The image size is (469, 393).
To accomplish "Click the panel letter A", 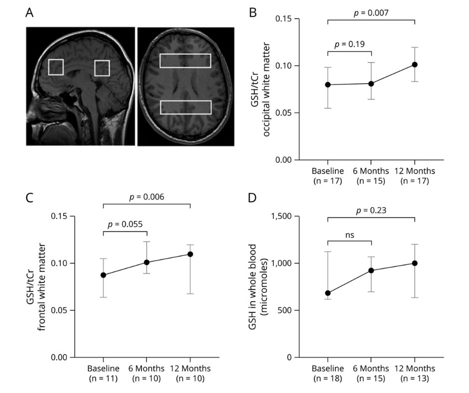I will click(29, 13).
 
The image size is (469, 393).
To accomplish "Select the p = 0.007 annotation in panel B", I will click(371, 12).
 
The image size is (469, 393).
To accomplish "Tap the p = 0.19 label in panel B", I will click(349, 44).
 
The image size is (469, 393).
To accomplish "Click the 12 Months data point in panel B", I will click(415, 65).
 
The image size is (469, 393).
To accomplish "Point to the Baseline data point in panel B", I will click(328, 85).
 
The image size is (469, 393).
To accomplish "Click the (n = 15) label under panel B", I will click(371, 181).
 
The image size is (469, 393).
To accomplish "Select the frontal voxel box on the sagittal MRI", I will click(56, 67).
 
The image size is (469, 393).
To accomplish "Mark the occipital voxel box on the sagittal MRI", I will click(102, 68).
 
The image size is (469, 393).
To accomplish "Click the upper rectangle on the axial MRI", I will click(185, 60).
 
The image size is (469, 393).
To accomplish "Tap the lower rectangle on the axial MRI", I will click(186, 107).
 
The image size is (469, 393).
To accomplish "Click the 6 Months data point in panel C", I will click(147, 262).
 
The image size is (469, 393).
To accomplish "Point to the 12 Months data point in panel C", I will click(190, 254).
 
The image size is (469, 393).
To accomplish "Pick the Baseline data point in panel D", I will click(328, 293).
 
